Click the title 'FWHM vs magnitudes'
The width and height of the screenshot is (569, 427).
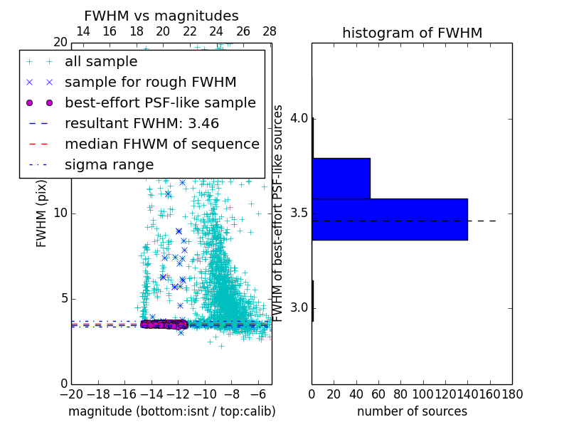[161, 16]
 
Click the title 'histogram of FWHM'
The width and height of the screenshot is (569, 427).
[412, 33]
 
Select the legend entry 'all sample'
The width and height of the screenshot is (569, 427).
[101, 62]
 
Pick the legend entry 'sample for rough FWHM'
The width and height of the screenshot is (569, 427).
[150, 82]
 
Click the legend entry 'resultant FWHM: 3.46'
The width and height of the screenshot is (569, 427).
[142, 123]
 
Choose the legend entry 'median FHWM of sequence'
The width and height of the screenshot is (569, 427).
[161, 144]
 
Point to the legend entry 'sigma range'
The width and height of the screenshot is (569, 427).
[109, 164]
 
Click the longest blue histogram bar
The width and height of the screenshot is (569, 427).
[389, 219]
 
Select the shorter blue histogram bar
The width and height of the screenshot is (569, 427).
[341, 178]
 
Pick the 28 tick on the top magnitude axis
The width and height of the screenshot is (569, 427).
[270, 31]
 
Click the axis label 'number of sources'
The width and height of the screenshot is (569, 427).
[412, 411]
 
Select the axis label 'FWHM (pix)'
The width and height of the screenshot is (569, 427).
[42, 213]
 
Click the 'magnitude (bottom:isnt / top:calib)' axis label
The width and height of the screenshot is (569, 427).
[171, 411]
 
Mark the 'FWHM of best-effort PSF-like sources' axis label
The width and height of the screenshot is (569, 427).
[279, 213]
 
